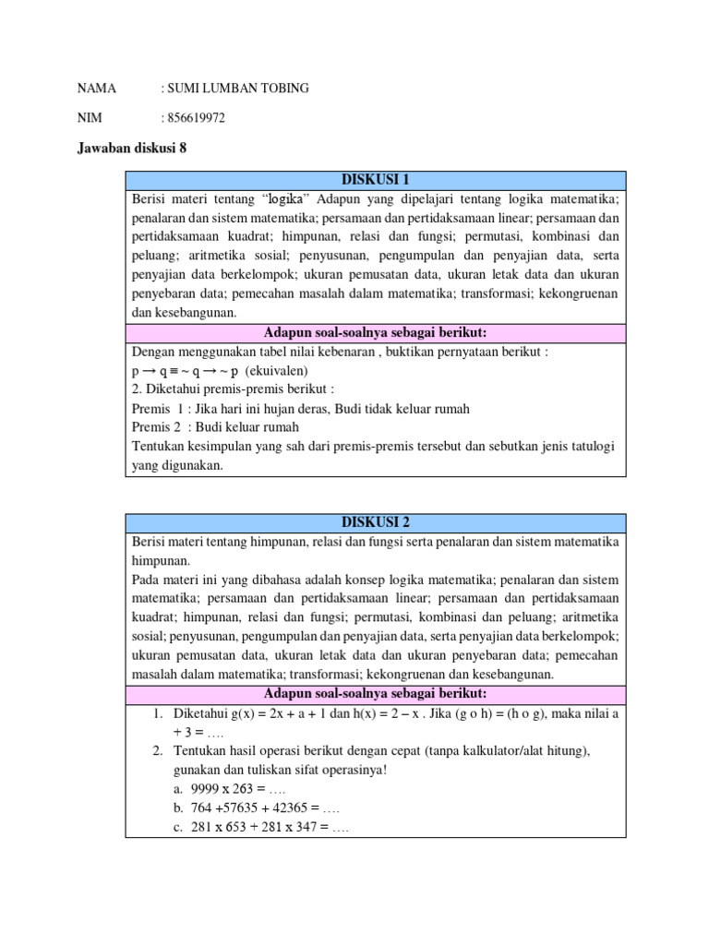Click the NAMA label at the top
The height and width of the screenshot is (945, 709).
[97, 89]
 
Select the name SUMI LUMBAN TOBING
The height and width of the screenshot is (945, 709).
[237, 89]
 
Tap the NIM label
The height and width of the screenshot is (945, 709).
[90, 118]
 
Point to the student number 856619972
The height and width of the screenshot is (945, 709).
[196, 118]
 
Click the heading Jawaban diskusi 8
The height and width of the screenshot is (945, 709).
[132, 148]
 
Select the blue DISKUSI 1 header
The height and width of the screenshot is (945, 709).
[375, 180]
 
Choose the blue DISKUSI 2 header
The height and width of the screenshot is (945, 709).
[375, 523]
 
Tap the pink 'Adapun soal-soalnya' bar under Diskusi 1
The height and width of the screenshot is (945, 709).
[375, 332]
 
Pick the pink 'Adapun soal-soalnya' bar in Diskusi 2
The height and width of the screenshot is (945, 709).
[375, 694]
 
